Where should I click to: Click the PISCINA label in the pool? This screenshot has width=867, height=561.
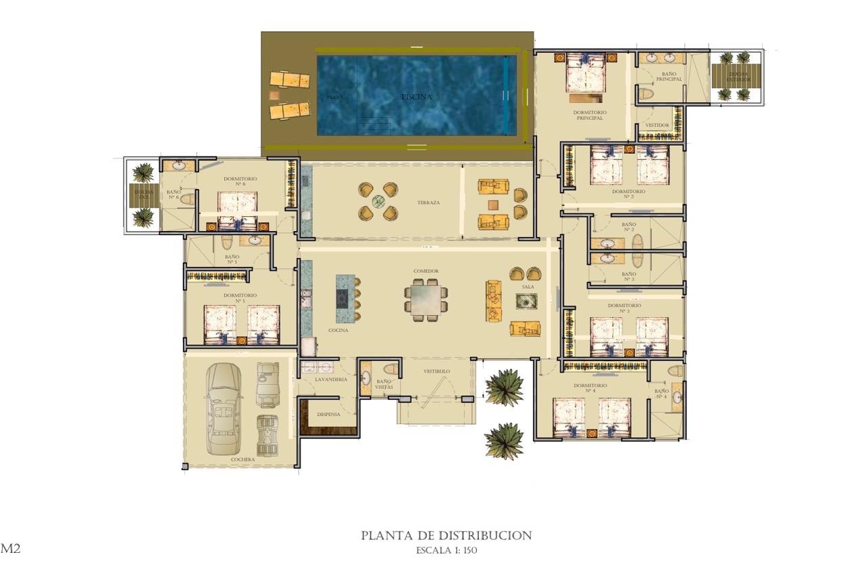[x=416, y=97]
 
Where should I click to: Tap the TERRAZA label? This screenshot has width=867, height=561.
[x=428, y=203]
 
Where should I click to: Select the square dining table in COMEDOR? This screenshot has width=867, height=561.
[x=426, y=299]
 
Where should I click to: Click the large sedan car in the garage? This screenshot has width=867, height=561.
[x=224, y=407]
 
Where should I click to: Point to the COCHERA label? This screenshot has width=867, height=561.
[x=242, y=459]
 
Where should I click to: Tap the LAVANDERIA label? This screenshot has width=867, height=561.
[x=331, y=379]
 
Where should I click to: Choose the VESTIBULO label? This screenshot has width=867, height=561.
[x=437, y=371]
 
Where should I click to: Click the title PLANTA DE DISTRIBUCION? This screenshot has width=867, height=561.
[x=446, y=535]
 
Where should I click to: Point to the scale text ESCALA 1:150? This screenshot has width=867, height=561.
[x=446, y=550]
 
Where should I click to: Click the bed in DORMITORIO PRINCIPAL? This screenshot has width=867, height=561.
[x=585, y=73]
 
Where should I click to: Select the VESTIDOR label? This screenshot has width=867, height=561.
[x=657, y=125]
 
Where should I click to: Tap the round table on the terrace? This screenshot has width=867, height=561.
[x=378, y=201]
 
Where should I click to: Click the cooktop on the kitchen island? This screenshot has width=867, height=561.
[x=342, y=299]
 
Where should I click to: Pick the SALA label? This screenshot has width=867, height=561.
[x=528, y=287]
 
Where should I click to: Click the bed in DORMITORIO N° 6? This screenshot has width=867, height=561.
[x=237, y=204]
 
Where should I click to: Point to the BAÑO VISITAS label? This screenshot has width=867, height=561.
[x=383, y=384]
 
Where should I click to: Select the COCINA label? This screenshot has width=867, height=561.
[x=338, y=331]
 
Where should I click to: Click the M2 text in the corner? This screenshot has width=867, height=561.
[x=10, y=548]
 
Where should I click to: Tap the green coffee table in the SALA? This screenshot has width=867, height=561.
[x=526, y=302]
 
